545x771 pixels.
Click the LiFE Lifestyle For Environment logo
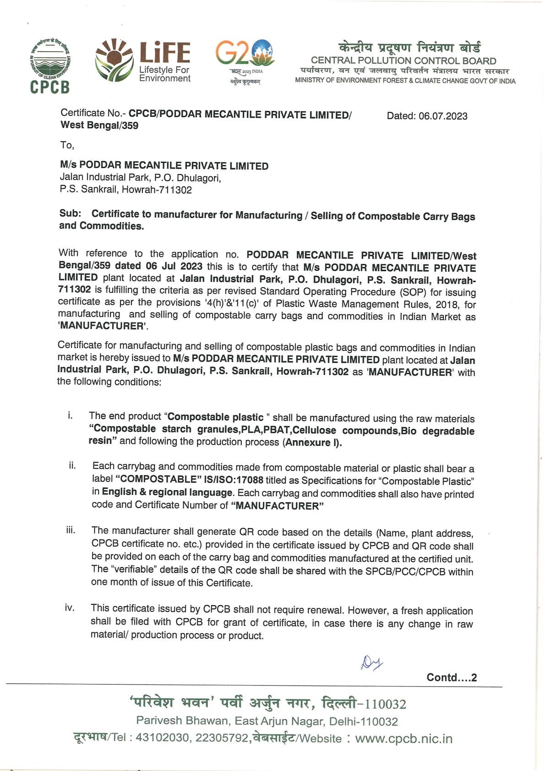click(143, 60)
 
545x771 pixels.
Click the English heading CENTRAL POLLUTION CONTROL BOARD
click(403, 60)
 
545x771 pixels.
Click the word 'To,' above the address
click(67, 145)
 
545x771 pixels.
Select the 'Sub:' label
click(70, 213)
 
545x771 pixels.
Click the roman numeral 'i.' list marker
click(70, 416)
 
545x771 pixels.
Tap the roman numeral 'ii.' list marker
click(72, 465)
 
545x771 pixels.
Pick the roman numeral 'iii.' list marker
click(71, 530)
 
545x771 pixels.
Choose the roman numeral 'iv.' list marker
click(70, 608)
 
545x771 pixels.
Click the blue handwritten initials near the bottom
click(372, 662)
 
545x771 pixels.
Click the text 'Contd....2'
click(452, 678)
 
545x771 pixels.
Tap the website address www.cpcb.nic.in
click(403, 738)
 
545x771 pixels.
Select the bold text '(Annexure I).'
click(312, 443)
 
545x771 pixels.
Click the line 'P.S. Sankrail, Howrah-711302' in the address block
click(126, 190)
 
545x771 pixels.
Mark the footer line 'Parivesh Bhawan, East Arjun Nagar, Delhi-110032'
click(267, 721)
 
